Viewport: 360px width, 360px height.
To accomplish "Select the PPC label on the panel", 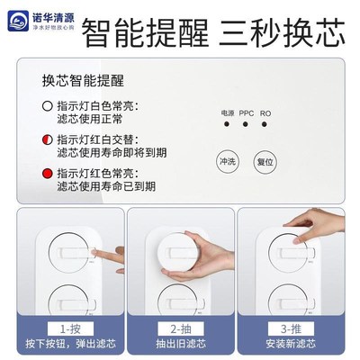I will click(246, 114).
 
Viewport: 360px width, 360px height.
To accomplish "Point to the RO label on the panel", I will click(265, 114).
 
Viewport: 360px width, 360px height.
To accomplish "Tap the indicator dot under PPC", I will click(246, 127).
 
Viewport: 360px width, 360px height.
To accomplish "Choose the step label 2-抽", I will click(181, 329).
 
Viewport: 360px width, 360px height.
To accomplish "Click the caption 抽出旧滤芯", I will click(181, 346).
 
